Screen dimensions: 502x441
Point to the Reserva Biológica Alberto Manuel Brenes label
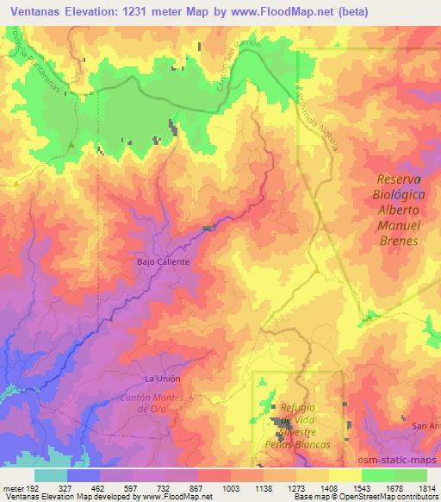tap(398, 210)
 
